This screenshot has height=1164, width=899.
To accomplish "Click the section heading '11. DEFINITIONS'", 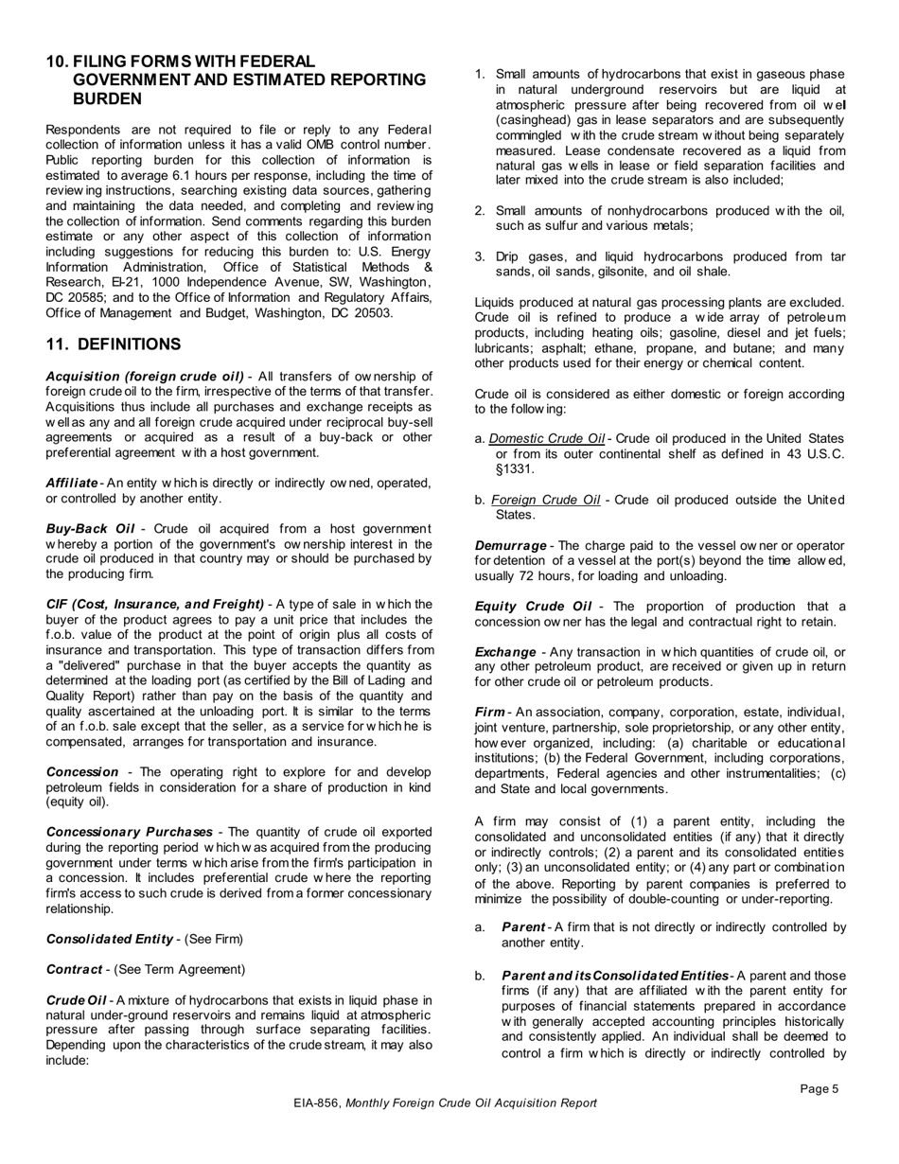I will pyautogui.click(x=114, y=344).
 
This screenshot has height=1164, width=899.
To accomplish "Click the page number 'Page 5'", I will pyautogui.click(x=819, y=1088).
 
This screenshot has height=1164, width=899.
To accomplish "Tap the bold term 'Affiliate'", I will pyautogui.click(x=72, y=483).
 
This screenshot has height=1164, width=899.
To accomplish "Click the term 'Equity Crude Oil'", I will pyautogui.click(x=533, y=607).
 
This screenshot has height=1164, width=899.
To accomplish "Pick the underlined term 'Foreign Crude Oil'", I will pyautogui.click(x=544, y=500).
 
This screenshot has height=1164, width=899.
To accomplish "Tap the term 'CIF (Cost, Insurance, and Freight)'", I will pyautogui.click(x=154, y=604).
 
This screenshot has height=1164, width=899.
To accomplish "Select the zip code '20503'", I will pyautogui.click(x=374, y=313).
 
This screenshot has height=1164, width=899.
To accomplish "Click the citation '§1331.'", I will pyautogui.click(x=516, y=469).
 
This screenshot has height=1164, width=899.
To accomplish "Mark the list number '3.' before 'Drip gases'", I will pyautogui.click(x=481, y=256).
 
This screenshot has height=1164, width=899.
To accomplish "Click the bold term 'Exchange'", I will pyautogui.click(x=504, y=652).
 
